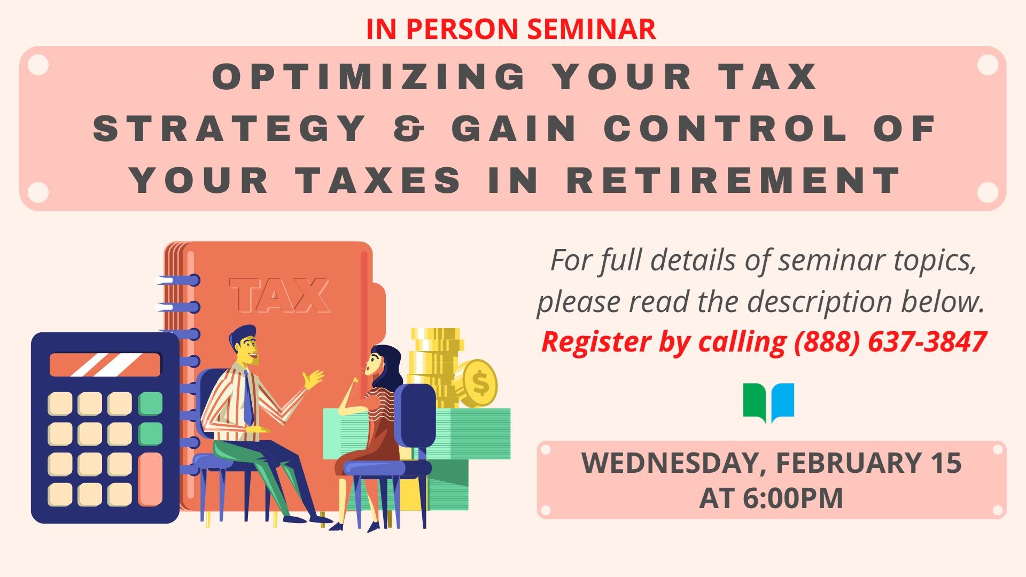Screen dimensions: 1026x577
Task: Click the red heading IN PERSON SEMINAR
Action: [511, 29]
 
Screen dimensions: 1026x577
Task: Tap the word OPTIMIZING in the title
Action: [369, 76]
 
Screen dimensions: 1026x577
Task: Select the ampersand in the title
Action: [409, 129]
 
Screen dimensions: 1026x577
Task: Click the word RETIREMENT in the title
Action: [734, 180]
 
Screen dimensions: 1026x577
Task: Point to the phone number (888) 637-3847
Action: [890, 342]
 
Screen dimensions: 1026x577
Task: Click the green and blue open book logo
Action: [768, 402]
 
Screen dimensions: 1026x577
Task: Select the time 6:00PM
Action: [792, 498]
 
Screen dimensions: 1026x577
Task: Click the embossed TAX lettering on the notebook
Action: [279, 295]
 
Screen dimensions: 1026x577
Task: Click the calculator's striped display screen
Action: [105, 364]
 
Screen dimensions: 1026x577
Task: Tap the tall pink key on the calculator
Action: [150, 479]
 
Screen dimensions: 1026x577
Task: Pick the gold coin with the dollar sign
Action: [479, 383]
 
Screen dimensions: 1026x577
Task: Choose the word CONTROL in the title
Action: [726, 129]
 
